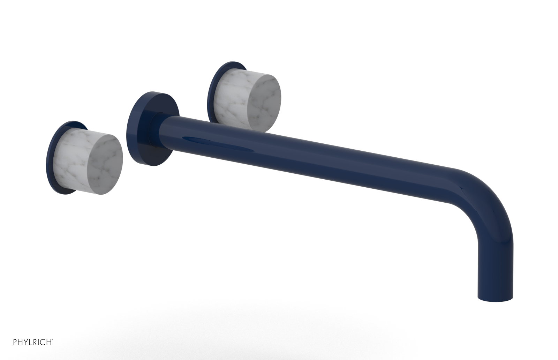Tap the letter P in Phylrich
tap(15, 342)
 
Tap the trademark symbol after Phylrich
tap(52, 340)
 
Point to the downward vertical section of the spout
tap(495, 265)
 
